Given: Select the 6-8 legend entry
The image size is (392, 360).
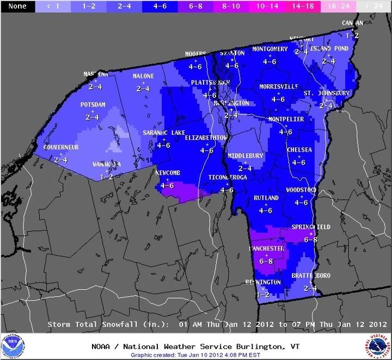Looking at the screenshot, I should (x=195, y=6).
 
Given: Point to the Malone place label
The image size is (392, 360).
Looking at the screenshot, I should (x=144, y=76).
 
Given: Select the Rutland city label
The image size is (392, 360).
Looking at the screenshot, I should (x=266, y=197).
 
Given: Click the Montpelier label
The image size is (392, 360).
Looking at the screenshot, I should (x=286, y=119).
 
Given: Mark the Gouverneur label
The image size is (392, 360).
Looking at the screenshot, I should (x=61, y=147).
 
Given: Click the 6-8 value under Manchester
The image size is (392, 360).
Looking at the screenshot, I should (x=266, y=262).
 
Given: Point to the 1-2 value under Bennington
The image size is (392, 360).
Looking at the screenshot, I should (x=263, y=295).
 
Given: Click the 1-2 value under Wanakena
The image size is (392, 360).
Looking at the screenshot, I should (x=108, y=177).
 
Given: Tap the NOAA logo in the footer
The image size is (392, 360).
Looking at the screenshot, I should (x=13, y=345).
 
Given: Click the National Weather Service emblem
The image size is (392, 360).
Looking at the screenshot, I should (x=378, y=345).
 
